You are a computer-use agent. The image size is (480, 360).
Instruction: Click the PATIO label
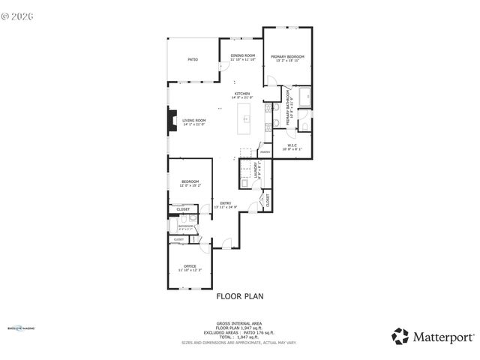tap(193, 59)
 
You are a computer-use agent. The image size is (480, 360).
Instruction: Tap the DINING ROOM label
tap(242, 56)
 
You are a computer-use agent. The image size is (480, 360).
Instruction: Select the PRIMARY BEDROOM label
tap(286, 58)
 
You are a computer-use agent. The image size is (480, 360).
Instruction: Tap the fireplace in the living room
tap(172, 121)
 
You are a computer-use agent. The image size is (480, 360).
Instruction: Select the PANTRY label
tap(265, 152)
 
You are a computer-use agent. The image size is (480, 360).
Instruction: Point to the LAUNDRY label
tap(256, 171)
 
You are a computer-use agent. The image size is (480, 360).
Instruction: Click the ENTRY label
tap(225, 204)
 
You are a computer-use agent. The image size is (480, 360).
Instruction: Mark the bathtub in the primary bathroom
tap(302, 97)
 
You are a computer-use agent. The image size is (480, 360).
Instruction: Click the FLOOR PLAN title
tap(240, 296)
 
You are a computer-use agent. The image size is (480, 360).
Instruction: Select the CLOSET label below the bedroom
tap(183, 209)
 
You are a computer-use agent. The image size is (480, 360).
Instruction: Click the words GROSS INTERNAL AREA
tap(239, 323)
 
